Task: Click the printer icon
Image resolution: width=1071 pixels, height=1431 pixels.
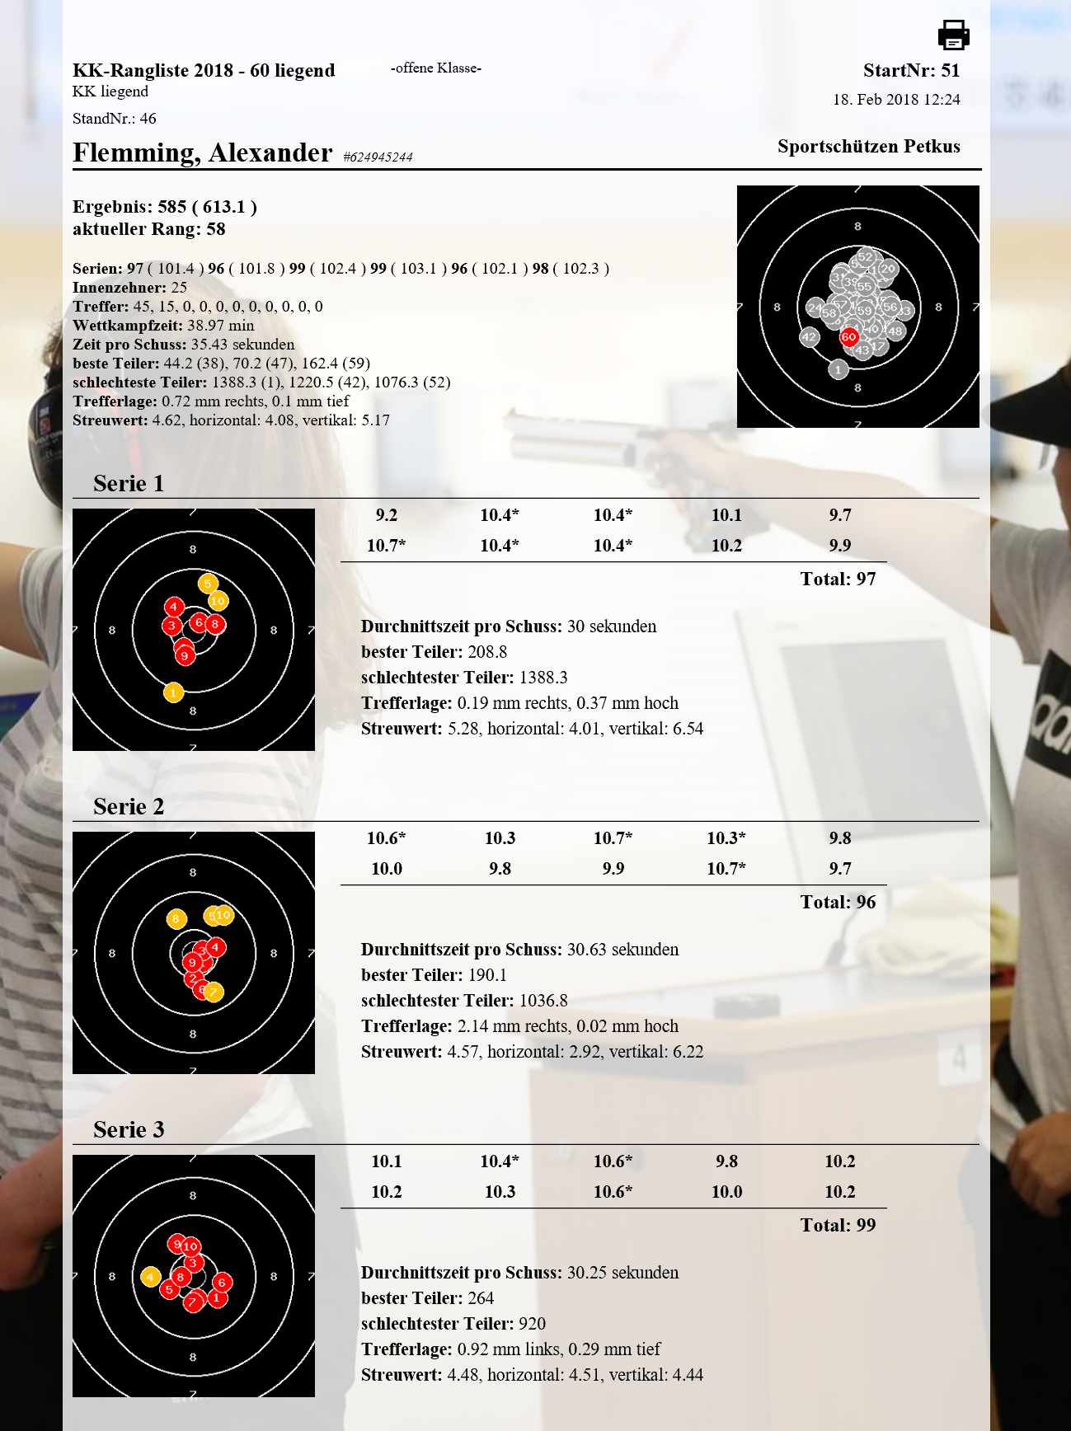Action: [x=953, y=35]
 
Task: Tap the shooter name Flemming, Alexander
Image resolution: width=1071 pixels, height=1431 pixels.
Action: [x=202, y=153]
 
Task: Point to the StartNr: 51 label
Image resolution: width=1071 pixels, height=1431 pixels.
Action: [x=911, y=71]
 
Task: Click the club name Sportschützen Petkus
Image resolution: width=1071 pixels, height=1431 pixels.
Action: [x=868, y=147]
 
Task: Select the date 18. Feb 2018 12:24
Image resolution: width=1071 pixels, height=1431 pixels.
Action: [x=896, y=100]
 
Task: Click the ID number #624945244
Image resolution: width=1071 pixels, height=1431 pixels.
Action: [x=378, y=157]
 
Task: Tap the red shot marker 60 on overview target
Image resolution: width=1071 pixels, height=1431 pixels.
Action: [x=848, y=336]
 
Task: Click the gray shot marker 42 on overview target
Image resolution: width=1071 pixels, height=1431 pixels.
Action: [x=809, y=336]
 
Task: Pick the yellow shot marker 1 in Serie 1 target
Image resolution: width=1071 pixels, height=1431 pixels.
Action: [x=173, y=692]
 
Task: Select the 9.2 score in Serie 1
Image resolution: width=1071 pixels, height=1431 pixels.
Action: [x=386, y=515]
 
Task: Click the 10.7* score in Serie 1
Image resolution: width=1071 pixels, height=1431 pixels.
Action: [x=386, y=546]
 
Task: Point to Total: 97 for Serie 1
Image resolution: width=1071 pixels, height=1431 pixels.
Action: [x=838, y=579]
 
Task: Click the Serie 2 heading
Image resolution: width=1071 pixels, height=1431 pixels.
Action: [x=129, y=806]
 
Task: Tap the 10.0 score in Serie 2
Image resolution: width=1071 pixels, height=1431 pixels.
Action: [x=386, y=869]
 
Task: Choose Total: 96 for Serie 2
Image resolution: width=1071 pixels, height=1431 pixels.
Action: [x=838, y=903]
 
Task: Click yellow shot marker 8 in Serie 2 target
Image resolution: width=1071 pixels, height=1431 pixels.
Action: [x=176, y=918]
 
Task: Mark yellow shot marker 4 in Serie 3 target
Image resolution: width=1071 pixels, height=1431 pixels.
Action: [x=149, y=1277]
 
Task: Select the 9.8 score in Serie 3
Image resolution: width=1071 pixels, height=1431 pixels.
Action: [x=726, y=1161]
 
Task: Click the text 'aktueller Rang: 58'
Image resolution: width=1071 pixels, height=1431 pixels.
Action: [x=149, y=229]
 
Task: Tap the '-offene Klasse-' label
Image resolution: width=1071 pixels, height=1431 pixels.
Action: [x=436, y=68]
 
